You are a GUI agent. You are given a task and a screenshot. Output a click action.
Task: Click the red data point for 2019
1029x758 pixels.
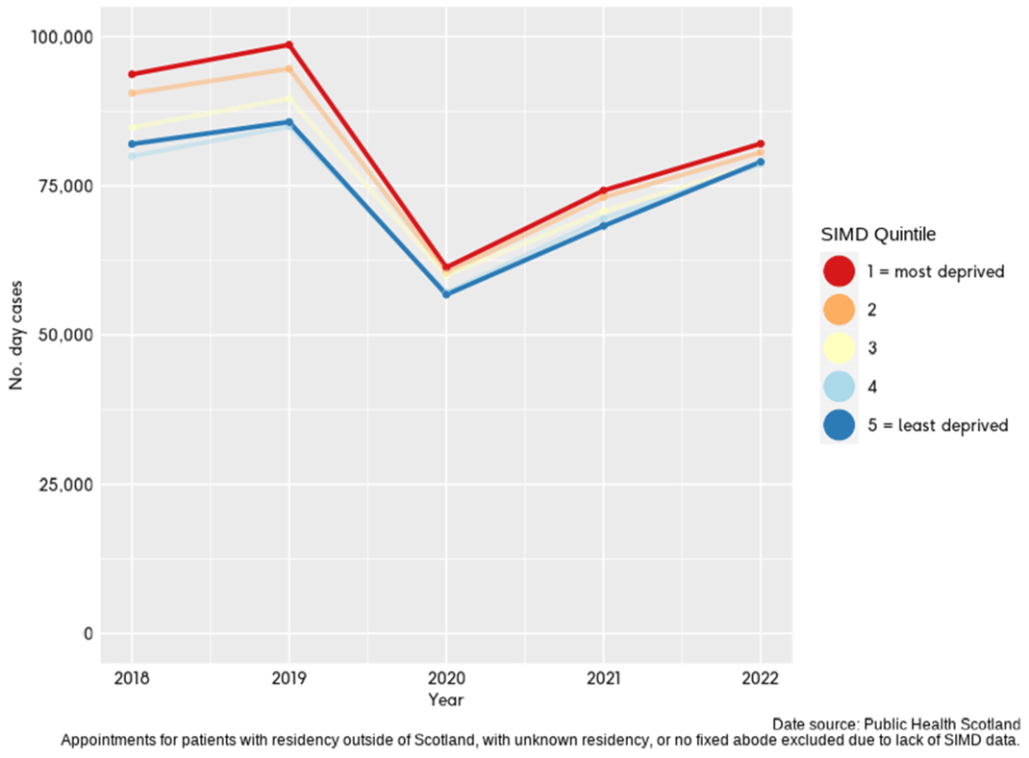tap(289, 45)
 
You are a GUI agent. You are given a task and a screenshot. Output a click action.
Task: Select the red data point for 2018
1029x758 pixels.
tap(132, 74)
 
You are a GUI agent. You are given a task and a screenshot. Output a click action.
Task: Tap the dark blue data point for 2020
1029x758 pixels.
tap(446, 293)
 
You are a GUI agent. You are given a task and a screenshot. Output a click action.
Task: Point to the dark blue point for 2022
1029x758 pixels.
tap(760, 163)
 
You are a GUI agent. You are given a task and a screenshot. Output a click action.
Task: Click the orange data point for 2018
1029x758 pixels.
tap(132, 93)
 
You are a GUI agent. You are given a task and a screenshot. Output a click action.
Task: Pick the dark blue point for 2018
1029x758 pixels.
tap(132, 144)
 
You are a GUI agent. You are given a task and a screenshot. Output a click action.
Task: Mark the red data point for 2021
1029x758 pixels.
tap(603, 190)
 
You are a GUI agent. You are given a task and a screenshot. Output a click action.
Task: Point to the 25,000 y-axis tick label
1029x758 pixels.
tap(63, 484)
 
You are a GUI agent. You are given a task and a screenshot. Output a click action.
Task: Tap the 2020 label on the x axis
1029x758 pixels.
tap(446, 677)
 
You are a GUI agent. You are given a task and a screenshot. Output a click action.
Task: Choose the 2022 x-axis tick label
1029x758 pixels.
tap(760, 677)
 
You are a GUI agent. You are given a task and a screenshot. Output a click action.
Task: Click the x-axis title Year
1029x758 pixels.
tap(446, 699)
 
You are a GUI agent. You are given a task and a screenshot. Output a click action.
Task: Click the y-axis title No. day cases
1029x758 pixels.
tap(16, 335)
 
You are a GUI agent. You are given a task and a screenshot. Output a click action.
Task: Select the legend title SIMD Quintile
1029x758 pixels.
tap(878, 234)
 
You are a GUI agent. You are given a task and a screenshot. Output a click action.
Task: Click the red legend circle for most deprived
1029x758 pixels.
tap(839, 271)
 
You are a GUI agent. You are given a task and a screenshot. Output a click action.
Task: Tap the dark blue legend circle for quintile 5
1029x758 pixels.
tap(839, 425)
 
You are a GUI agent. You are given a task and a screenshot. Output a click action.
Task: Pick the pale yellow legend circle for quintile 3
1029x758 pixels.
tap(839, 348)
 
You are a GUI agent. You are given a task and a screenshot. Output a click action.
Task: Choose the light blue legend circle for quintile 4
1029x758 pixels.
tap(839, 387)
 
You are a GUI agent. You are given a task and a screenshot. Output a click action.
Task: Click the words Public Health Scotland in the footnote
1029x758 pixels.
tap(941, 723)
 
